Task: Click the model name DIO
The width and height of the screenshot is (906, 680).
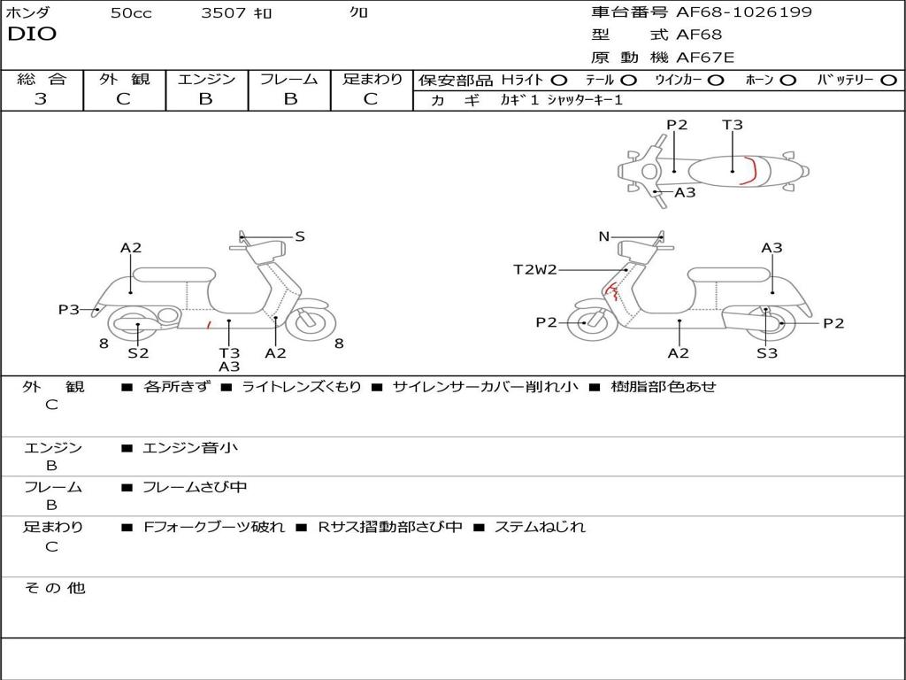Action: (32, 35)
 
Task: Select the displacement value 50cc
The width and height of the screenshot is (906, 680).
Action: (131, 13)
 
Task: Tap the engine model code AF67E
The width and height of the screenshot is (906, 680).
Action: (705, 58)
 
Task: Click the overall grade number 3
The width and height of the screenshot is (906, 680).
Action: (41, 99)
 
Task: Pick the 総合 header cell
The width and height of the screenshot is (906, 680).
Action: (42, 80)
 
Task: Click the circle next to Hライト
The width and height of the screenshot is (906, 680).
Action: (559, 80)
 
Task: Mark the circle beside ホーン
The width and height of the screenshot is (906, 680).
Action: (787, 80)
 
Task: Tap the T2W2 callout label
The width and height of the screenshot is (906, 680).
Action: (535, 270)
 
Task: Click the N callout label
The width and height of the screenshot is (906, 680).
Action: (603, 236)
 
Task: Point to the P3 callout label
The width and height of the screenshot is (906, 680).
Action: (68, 309)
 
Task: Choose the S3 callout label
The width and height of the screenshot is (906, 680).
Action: (766, 353)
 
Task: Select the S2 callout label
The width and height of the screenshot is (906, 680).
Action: (138, 353)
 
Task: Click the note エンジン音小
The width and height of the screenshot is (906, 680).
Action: (190, 448)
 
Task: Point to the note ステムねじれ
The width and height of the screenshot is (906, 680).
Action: (540, 527)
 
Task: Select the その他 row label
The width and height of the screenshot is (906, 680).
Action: (54, 588)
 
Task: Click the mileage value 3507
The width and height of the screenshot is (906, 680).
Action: (225, 13)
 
